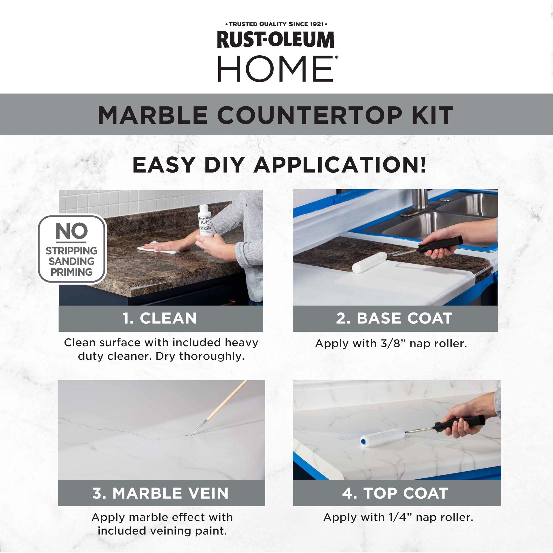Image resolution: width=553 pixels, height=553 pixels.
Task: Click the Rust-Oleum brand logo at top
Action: click(x=276, y=40)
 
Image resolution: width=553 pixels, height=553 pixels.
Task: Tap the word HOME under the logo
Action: click(x=276, y=69)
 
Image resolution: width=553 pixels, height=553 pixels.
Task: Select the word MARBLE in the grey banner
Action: click(x=153, y=115)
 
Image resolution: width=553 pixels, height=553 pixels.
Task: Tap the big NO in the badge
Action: click(x=71, y=231)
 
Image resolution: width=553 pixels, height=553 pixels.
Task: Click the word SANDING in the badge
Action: click(x=71, y=262)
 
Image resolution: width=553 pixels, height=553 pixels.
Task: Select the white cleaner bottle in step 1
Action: click(x=205, y=221)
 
